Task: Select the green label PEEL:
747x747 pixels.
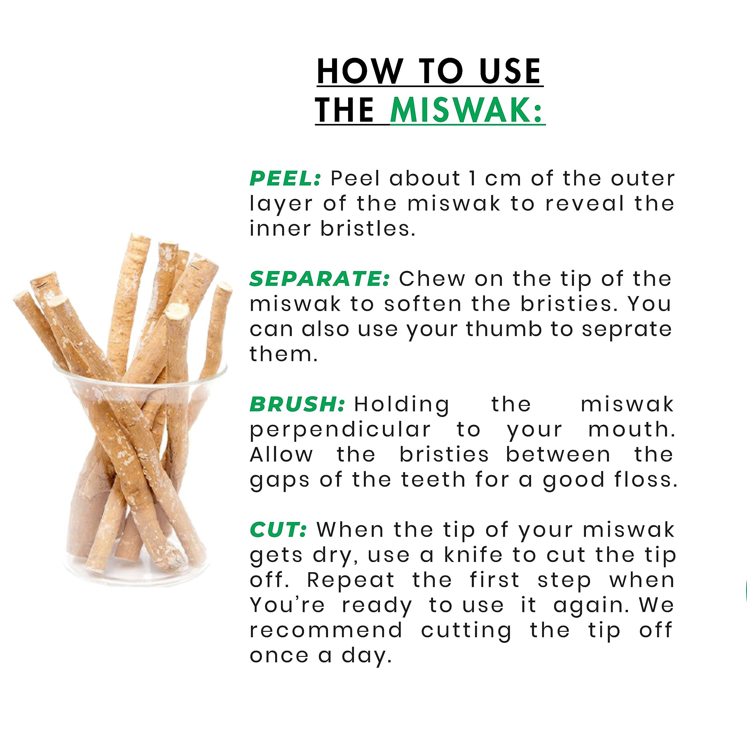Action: pyautogui.click(x=285, y=178)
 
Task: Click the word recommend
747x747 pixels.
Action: pyautogui.click(x=326, y=631)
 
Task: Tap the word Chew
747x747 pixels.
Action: pyautogui.click(x=432, y=279)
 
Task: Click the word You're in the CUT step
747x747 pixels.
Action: pyautogui.click(x=287, y=605)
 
